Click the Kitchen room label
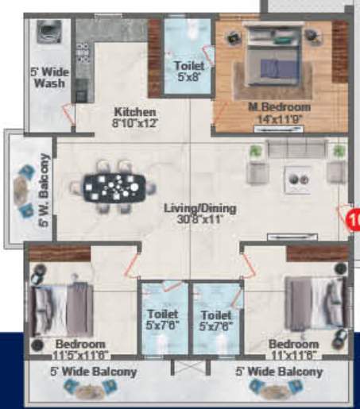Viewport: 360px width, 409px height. (x=134, y=112)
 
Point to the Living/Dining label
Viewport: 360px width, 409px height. (x=192, y=208)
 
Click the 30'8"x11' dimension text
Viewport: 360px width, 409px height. (x=192, y=219)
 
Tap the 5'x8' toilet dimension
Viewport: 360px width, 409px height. (x=188, y=78)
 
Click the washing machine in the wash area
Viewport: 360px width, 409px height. (x=48, y=35)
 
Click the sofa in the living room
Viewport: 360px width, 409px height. (x=296, y=150)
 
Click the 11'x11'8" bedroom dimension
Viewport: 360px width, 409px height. (x=293, y=355)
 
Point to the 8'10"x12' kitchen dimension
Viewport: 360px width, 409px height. (x=134, y=123)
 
